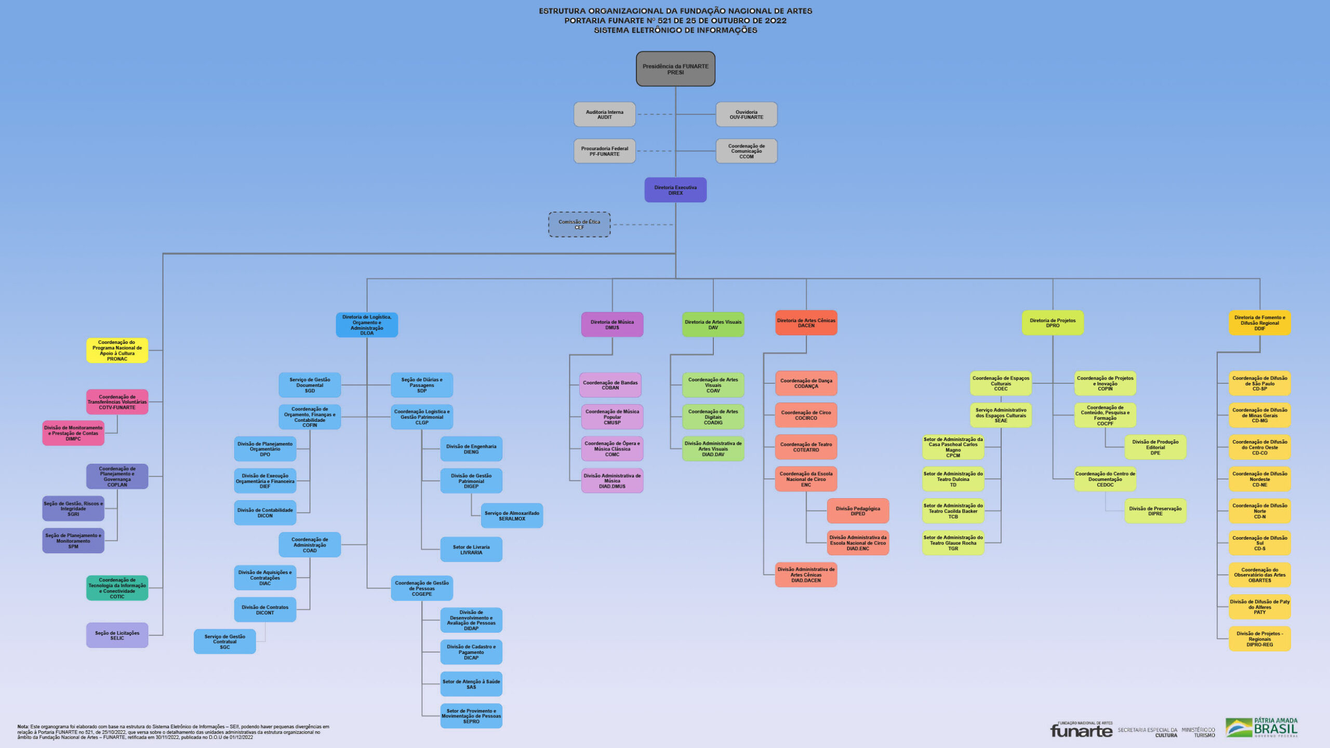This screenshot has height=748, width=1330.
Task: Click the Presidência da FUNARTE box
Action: tap(675, 69)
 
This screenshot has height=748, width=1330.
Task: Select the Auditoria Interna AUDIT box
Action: tap(604, 114)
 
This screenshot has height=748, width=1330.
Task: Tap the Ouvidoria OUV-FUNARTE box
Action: tap(746, 114)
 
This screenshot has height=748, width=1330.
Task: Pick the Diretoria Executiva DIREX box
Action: tap(675, 190)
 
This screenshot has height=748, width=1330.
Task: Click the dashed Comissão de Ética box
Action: tap(579, 224)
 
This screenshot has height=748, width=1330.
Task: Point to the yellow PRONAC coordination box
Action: tap(117, 351)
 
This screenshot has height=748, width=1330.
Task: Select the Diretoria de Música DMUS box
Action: tap(612, 325)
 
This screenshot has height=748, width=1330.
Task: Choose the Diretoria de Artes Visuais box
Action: tap(713, 325)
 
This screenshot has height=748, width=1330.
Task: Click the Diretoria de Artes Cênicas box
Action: tap(806, 323)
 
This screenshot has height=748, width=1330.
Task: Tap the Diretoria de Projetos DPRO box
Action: tap(1053, 323)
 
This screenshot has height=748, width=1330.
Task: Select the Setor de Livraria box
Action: tap(471, 550)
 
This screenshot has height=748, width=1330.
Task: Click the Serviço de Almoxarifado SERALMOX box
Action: tap(512, 516)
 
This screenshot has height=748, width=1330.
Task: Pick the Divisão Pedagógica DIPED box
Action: tap(858, 511)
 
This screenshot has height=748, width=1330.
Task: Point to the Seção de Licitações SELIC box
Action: tap(117, 635)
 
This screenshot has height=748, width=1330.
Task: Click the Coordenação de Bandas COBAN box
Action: tap(610, 385)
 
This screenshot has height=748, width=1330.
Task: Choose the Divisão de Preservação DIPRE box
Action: tap(1155, 511)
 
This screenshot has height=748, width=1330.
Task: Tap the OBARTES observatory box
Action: tap(1259, 575)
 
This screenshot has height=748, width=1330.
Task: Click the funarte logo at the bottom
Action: tap(1081, 730)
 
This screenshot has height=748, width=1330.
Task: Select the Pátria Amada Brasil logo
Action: tap(1261, 728)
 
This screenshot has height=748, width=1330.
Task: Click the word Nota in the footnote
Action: tap(23, 727)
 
